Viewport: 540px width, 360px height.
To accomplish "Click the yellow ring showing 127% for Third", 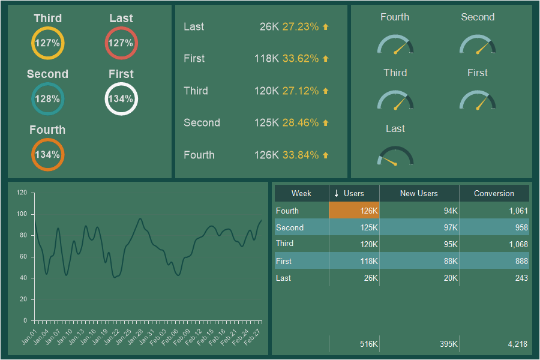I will [47, 43].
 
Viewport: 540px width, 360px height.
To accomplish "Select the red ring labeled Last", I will [121, 43].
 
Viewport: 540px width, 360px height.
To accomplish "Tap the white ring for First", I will [121, 99].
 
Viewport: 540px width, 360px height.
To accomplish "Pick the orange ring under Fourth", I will [47, 155].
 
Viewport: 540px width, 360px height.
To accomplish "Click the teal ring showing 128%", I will [47, 99].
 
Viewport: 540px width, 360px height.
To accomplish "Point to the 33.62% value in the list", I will [301, 59].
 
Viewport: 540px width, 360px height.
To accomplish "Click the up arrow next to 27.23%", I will [326, 27].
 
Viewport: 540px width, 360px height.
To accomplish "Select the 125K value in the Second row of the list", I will [266, 123].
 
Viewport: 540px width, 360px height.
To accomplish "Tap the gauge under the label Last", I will [395, 156].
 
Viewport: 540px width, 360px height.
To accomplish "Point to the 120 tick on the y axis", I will [22, 193].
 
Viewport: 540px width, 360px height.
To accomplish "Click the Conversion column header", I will [494, 194].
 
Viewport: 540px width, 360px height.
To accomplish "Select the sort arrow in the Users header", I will [337, 193].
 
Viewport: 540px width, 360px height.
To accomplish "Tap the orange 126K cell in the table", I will [354, 211].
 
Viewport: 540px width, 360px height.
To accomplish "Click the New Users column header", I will [419, 194].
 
